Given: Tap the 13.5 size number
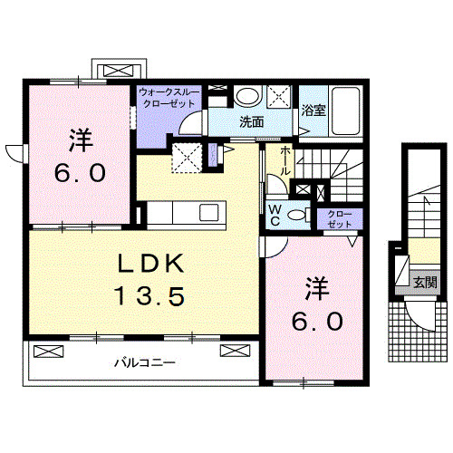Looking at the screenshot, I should [149, 294].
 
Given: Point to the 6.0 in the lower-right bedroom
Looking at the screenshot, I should [316, 320].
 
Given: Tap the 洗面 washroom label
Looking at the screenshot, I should [251, 121].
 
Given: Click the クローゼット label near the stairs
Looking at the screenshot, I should [342, 218].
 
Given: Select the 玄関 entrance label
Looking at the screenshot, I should [424, 282].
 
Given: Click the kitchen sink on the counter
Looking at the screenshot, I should [207, 213].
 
